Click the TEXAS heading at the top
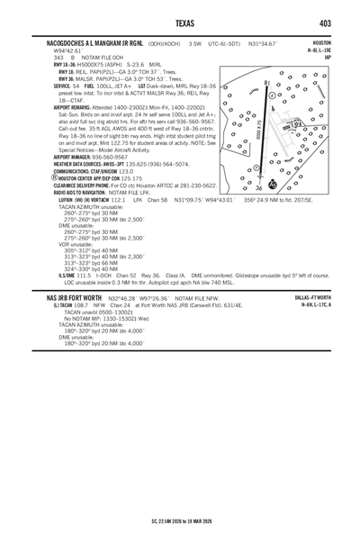click(x=180, y=23)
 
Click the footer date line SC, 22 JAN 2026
click(x=180, y=521)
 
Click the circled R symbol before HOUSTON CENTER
click(x=56, y=178)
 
